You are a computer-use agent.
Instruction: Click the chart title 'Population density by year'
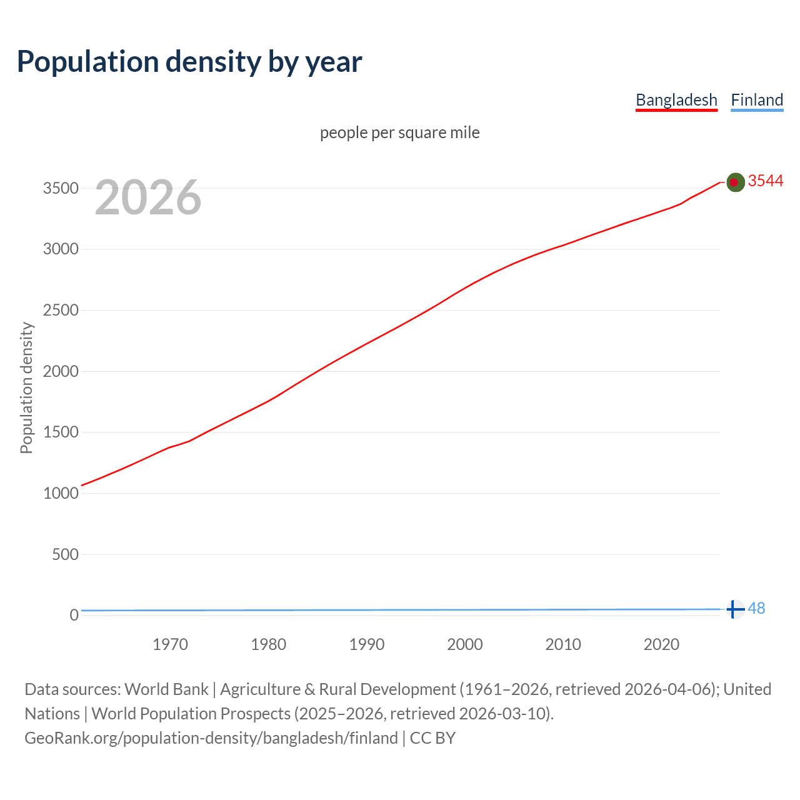tap(189, 62)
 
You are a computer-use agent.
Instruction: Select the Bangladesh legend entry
tap(676, 100)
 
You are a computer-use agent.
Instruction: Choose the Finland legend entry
tap(757, 100)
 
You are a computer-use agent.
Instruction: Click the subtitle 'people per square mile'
tap(399, 132)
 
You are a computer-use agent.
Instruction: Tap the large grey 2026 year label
tap(148, 197)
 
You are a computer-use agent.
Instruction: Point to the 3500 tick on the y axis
tap(61, 188)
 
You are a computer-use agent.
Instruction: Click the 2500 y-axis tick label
tap(61, 311)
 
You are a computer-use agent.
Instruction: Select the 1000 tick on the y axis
tap(61, 493)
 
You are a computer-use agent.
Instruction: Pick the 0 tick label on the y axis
tap(74, 615)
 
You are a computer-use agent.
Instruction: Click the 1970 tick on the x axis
tap(170, 644)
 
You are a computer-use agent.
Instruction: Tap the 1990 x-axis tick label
tap(367, 644)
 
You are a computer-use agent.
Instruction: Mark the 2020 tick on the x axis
tap(661, 644)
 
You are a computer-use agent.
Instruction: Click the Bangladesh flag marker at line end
tap(736, 182)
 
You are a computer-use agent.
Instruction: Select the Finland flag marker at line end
tap(736, 609)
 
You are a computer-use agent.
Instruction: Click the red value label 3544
tap(766, 181)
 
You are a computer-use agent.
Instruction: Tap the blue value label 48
tap(756, 608)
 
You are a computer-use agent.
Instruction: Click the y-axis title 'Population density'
tap(26, 387)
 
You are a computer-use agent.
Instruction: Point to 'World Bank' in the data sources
tap(166, 689)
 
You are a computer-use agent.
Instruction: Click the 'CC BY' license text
tap(432, 738)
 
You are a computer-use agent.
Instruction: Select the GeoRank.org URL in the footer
tap(211, 738)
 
